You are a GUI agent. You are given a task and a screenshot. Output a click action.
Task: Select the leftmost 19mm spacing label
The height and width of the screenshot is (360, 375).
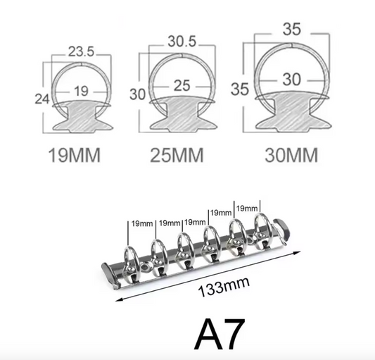click(143, 223)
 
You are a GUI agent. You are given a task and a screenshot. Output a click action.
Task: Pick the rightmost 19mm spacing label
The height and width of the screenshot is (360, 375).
click(248, 209)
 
